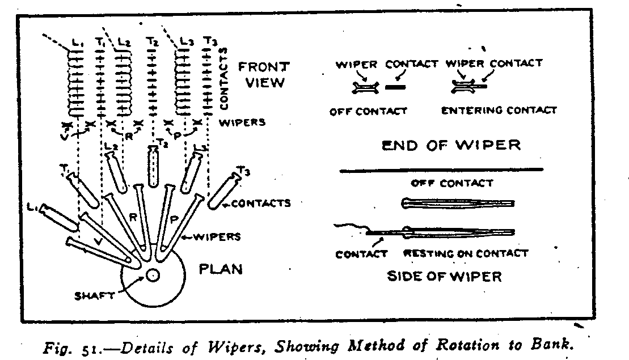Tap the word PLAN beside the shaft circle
[x=221, y=268]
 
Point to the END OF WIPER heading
[x=451, y=145]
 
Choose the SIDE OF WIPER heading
[x=444, y=276]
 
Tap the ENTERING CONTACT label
[x=499, y=110]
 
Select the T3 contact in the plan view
[x=222, y=190]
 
